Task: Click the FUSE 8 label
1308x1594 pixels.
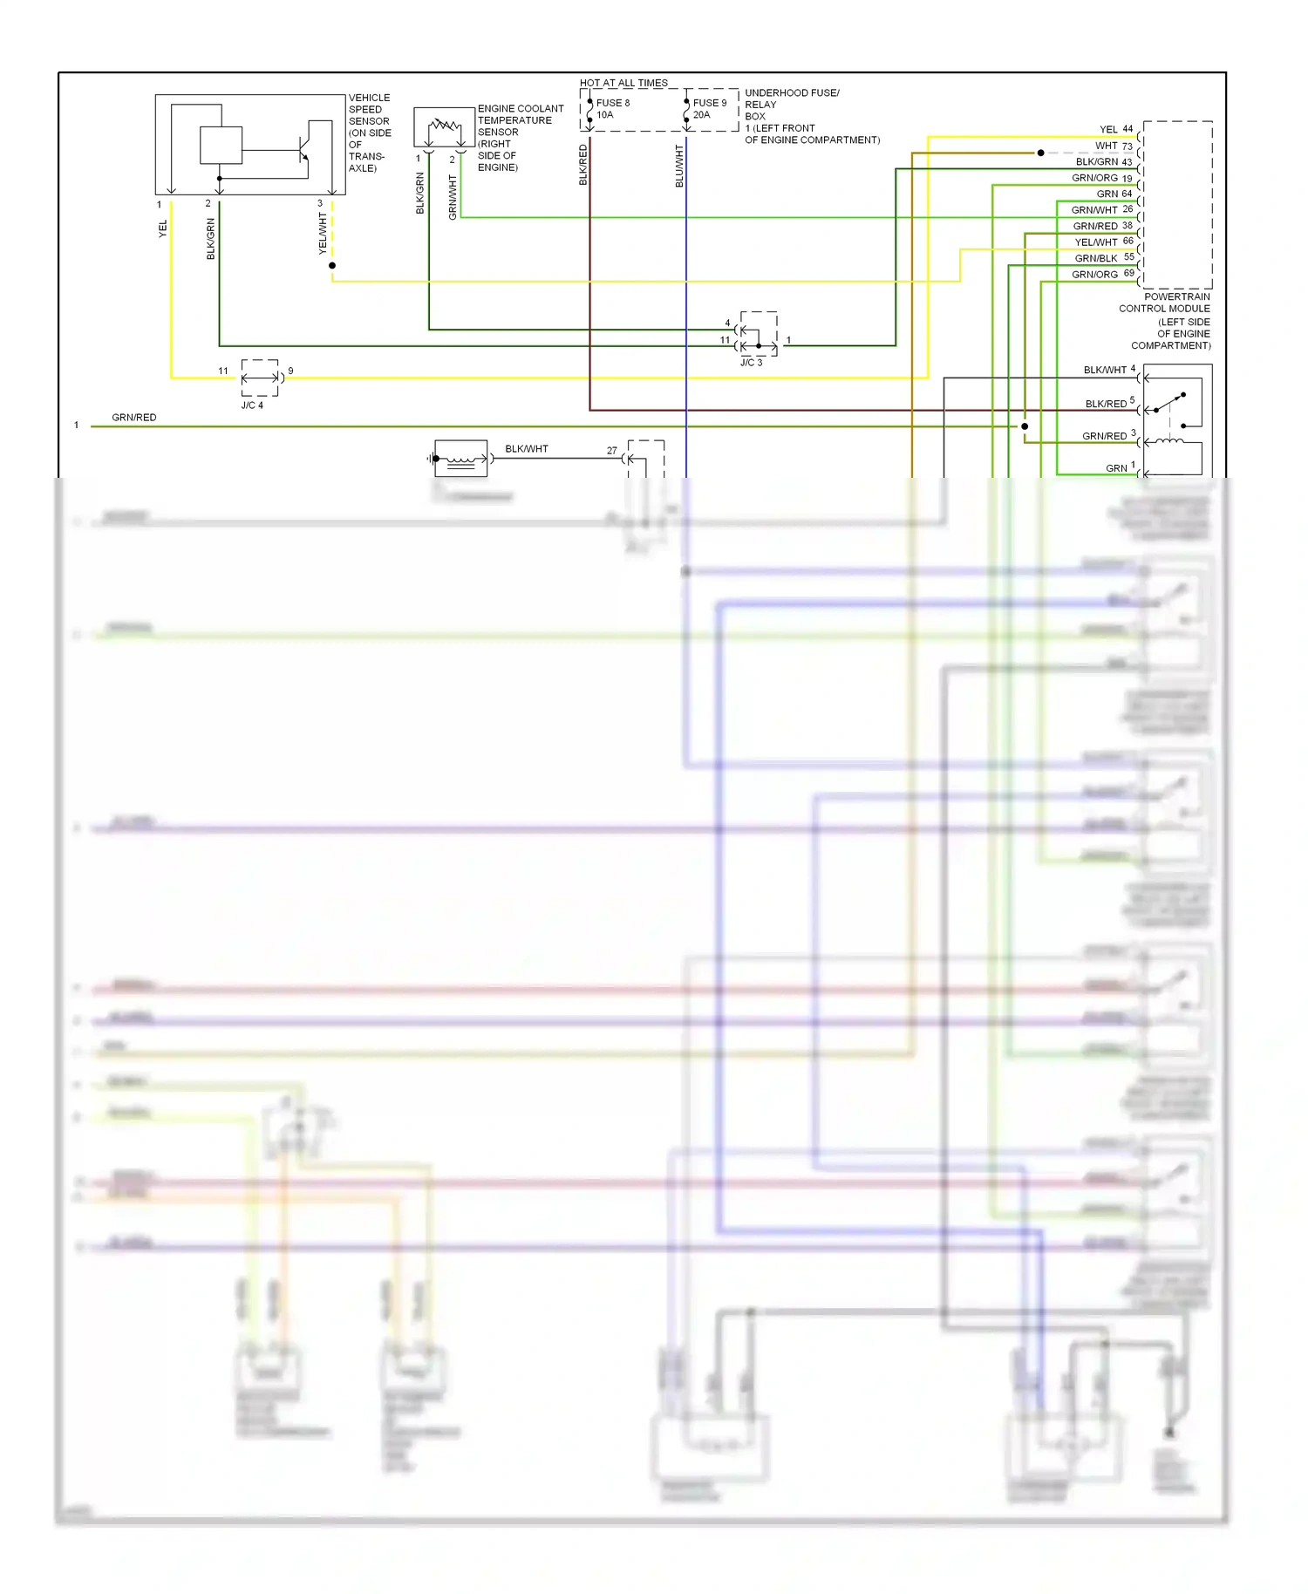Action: pyautogui.click(x=612, y=103)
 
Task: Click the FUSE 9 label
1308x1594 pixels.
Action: pyautogui.click(x=709, y=103)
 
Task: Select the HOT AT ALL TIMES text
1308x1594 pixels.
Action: pyautogui.click(x=623, y=83)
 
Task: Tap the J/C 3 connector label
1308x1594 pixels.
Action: pyautogui.click(x=751, y=363)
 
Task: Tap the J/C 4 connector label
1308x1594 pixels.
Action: pyautogui.click(x=252, y=405)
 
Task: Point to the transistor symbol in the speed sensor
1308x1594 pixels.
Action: pyautogui.click(x=303, y=150)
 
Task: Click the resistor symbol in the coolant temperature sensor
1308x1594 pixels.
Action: pyautogui.click(x=445, y=126)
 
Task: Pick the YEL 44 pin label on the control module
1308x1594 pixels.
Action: pyautogui.click(x=1115, y=129)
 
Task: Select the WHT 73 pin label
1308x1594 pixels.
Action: pyautogui.click(x=1114, y=146)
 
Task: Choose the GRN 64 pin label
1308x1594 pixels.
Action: pyautogui.click(x=1114, y=194)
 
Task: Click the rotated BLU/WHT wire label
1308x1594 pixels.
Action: pyautogui.click(x=679, y=166)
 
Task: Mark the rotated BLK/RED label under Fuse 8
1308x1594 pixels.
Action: pyautogui.click(x=583, y=165)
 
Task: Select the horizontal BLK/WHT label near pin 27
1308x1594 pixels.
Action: pyautogui.click(x=527, y=449)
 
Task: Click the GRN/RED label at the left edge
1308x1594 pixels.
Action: pyautogui.click(x=134, y=418)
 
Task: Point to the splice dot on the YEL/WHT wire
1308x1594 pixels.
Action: pyautogui.click(x=332, y=265)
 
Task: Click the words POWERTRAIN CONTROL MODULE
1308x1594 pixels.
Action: pyautogui.click(x=1165, y=303)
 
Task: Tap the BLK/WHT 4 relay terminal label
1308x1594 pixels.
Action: pyautogui.click(x=1109, y=370)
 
